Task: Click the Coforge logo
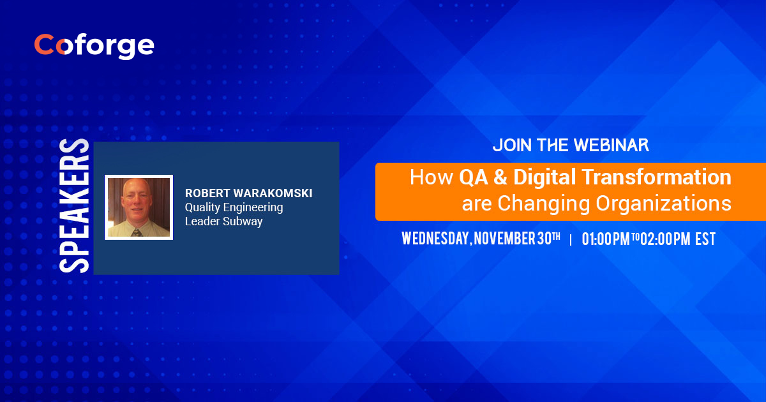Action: (94, 45)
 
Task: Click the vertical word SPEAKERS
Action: (75, 205)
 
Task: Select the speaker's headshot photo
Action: (139, 207)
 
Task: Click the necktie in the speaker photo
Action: (135, 232)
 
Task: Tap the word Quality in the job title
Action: (201, 207)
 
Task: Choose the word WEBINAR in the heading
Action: (610, 145)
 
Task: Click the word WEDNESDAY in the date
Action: (435, 239)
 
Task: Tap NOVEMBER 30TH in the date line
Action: (517, 239)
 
